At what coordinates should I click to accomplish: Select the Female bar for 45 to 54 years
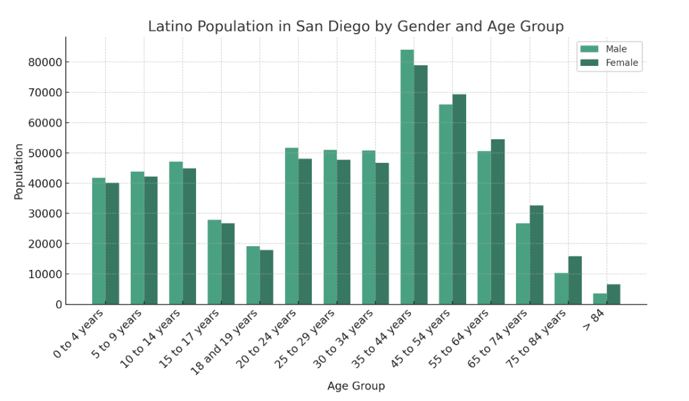pos(459,199)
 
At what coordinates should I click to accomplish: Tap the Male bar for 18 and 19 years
pos(253,275)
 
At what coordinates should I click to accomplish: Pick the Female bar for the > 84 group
pos(614,294)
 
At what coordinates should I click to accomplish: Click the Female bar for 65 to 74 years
pos(536,255)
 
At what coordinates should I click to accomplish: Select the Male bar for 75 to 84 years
pos(561,289)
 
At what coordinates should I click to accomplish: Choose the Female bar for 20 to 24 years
pos(305,231)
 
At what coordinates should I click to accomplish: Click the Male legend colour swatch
pos(589,49)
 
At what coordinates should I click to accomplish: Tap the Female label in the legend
pos(622,63)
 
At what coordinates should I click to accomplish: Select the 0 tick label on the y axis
pos(59,305)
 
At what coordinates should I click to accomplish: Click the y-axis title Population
pos(19,171)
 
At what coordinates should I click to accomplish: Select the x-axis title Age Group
pos(356,386)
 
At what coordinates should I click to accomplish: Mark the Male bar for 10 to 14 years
pos(176,233)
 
